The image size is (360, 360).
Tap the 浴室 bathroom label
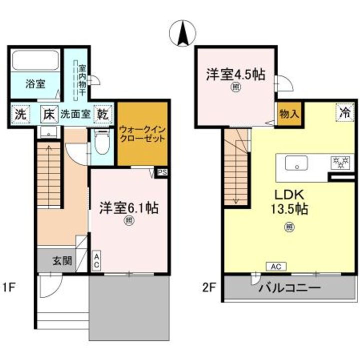[35, 83]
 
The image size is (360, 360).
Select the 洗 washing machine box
[19, 114]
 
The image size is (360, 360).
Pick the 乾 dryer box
[103, 114]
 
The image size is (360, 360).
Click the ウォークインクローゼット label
[141, 134]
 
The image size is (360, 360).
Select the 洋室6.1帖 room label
[128, 207]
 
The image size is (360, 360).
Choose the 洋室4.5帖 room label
[235, 75]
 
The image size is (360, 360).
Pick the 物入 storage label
[288, 113]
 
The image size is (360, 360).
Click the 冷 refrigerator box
[343, 112]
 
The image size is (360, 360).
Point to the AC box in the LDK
[276, 266]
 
